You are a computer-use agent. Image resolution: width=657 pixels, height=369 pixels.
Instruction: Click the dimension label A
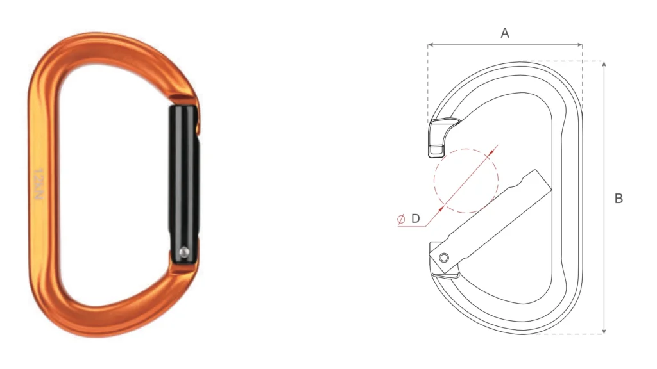(505, 33)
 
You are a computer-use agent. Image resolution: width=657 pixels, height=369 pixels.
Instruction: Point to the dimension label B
(619, 199)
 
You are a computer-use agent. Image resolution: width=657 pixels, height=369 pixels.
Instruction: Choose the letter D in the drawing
(415, 219)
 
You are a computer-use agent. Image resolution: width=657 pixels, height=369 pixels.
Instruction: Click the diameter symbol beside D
(401, 219)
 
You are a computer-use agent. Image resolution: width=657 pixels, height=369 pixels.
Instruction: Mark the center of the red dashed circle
(466, 180)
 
